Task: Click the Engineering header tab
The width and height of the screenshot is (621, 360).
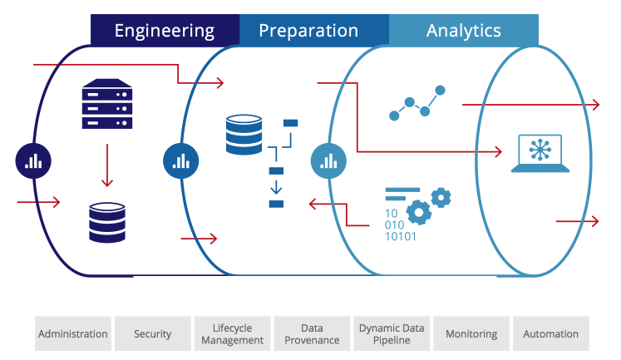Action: click(x=165, y=31)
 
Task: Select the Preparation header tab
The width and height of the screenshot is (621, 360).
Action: click(x=308, y=31)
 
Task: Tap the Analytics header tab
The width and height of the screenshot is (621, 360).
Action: click(x=463, y=31)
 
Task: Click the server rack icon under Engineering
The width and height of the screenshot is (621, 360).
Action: click(x=107, y=104)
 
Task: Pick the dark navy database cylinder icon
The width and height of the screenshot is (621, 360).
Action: click(x=107, y=221)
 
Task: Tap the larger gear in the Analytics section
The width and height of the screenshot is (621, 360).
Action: click(x=419, y=213)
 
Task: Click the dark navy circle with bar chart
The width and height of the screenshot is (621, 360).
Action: click(x=33, y=160)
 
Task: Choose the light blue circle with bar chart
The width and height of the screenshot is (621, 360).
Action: click(x=328, y=160)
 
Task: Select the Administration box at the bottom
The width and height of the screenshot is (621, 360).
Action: click(x=72, y=333)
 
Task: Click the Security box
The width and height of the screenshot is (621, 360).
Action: click(x=152, y=333)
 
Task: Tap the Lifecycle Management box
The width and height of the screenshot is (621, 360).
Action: click(x=232, y=333)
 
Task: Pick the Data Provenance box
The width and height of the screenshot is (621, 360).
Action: click(x=312, y=333)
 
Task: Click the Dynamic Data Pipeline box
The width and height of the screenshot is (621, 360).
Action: click(x=392, y=333)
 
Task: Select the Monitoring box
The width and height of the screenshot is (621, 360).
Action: click(x=471, y=333)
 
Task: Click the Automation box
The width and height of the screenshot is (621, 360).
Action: click(x=550, y=333)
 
